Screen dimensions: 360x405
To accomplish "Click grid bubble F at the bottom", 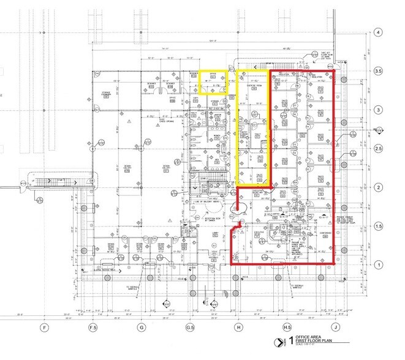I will click(44, 328).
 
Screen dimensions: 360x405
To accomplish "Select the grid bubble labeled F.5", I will click(93, 328).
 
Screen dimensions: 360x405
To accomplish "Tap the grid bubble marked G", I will click(142, 328).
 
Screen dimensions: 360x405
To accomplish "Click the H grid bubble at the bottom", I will click(238, 328).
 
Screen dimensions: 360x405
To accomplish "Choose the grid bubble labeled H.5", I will click(287, 328).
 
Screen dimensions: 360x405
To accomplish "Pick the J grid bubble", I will click(336, 328).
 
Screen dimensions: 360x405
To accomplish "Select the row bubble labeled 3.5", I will click(379, 71).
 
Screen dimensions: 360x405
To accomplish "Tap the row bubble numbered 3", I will click(379, 110).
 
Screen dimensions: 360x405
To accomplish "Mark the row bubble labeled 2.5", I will click(379, 149).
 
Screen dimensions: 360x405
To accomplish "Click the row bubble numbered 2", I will click(379, 187).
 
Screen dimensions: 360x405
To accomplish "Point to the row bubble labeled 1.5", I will click(379, 227).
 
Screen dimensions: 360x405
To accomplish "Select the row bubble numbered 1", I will click(379, 265).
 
